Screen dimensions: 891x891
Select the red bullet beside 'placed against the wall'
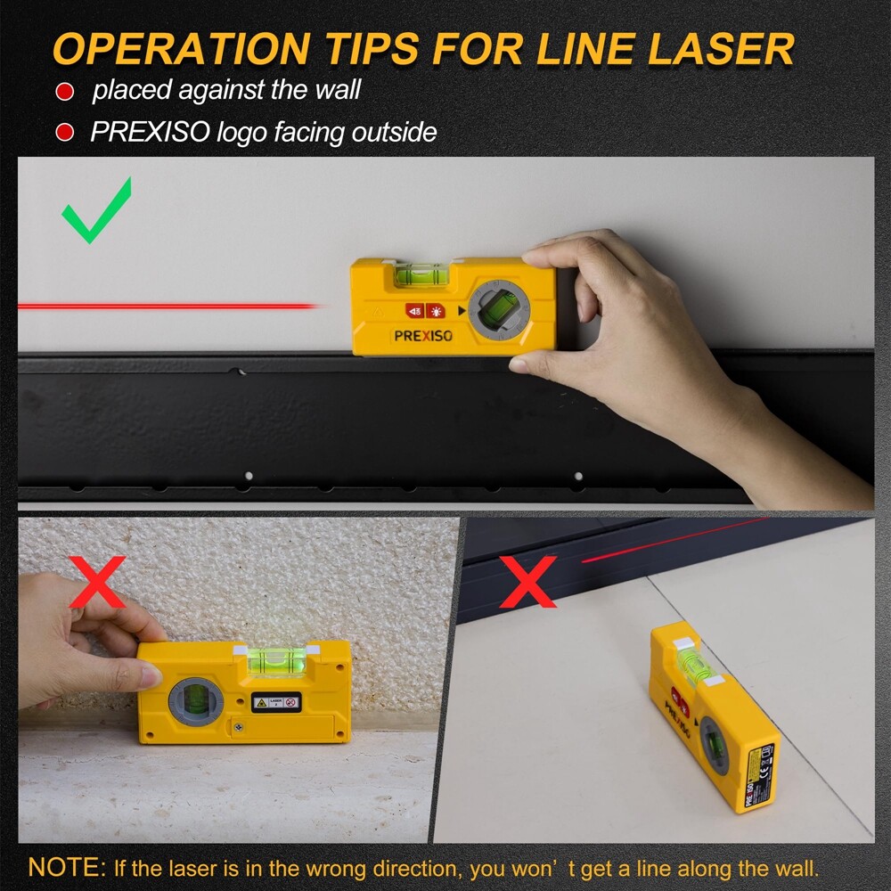64,92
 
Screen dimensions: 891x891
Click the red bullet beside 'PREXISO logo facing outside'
64,134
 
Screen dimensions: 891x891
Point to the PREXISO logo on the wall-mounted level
424,336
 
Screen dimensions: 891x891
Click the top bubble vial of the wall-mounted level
421,275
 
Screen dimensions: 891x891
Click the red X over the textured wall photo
97,580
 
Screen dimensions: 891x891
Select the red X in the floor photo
527,580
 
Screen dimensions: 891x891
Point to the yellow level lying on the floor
713,713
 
